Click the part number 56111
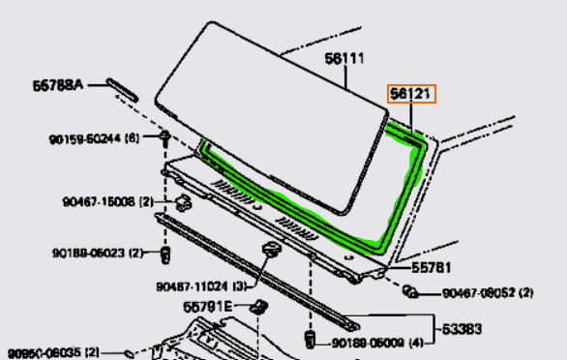[x=344, y=59]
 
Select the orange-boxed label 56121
[x=412, y=93]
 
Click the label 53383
[x=463, y=329]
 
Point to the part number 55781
[x=433, y=268]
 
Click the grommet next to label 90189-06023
[x=164, y=254]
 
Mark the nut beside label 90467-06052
[x=410, y=291]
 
